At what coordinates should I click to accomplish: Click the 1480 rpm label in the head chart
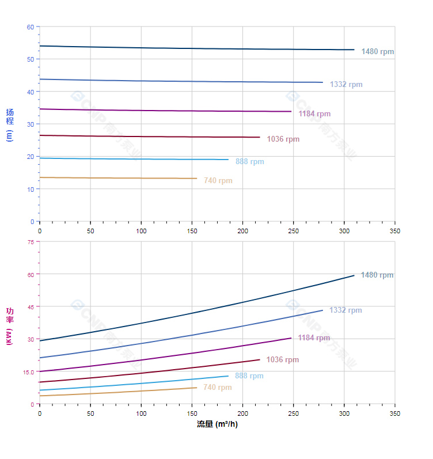coord(378,52)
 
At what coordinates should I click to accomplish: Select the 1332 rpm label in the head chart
coord(346,85)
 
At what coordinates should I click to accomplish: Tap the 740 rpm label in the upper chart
coord(218,181)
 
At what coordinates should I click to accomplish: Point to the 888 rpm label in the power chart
coord(249,376)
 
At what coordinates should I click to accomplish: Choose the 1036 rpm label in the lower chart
coord(283,360)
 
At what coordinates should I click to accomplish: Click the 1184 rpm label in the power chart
coord(314,338)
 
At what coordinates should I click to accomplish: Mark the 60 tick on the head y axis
coord(31,26)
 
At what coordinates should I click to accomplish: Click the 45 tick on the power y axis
coord(31,306)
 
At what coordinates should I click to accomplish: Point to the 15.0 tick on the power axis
coord(29,371)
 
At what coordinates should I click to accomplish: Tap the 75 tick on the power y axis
coord(31,242)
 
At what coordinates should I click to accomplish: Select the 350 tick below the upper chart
coord(394,230)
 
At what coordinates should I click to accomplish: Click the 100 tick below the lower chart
coord(141,414)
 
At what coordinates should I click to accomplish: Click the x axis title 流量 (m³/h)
coord(217,424)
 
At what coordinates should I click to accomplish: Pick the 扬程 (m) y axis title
coord(10,124)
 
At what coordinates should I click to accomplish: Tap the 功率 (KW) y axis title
coord(10,327)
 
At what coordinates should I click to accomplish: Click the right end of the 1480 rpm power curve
coord(354,275)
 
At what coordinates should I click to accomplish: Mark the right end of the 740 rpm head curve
coord(197,179)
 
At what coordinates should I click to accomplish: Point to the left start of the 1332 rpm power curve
coord(40,358)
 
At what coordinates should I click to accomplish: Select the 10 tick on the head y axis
coord(31,189)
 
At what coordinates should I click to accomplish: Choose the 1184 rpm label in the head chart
coord(314,114)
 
